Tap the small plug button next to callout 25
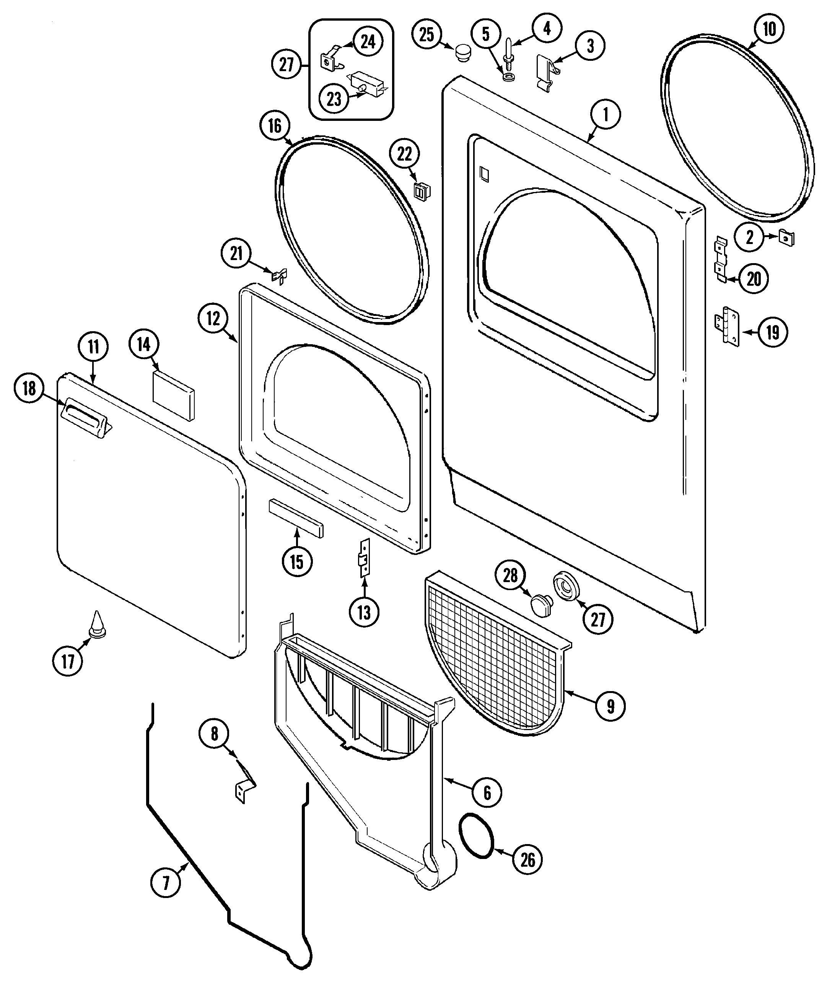(462, 51)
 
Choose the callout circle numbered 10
(769, 29)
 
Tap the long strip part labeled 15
(295, 517)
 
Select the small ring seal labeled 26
(477, 841)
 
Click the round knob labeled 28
(542, 606)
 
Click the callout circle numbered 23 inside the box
(334, 99)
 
